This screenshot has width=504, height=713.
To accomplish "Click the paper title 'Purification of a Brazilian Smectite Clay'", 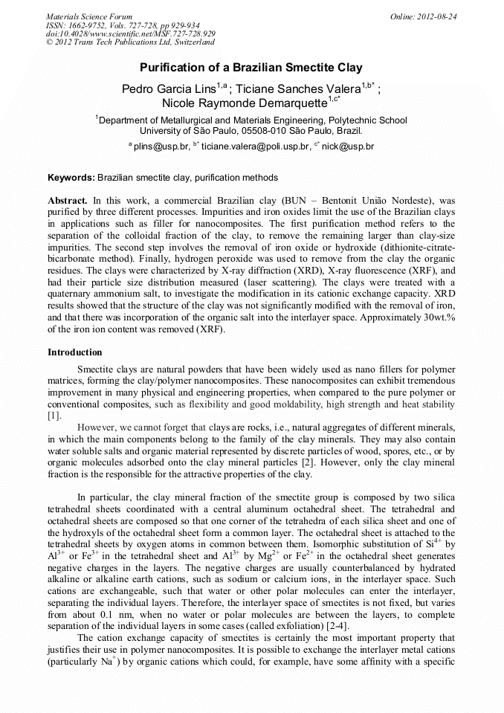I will [251, 67].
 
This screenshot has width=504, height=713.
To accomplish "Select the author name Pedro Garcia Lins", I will [169, 89].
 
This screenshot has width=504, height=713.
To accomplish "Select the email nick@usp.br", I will [348, 147].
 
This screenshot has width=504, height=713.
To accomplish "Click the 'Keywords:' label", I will [71, 178].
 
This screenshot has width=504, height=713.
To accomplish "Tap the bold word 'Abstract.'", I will [68, 201].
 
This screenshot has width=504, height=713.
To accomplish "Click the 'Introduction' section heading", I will [74, 352].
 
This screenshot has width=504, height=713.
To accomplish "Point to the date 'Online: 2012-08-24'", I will [423, 16].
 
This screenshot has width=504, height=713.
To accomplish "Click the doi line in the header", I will [131, 34].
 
